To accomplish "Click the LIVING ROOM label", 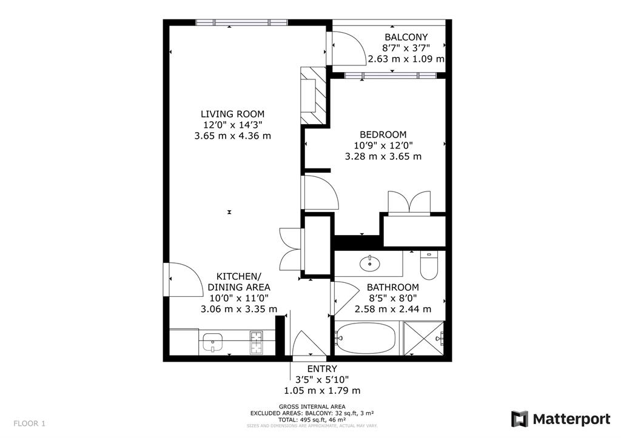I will click(232, 114).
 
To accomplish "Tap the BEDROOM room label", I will click(383, 134).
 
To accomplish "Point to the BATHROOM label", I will click(392, 287).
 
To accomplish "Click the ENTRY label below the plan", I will click(322, 369).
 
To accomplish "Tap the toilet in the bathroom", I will click(428, 264).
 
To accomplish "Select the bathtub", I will click(366, 339).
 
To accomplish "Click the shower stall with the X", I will click(425, 339).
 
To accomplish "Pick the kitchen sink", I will click(213, 342).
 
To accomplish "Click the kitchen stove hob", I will click(257, 342).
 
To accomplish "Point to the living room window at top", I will click(241, 23).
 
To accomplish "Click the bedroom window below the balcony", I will click(390, 76).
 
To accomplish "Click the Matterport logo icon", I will click(519, 419).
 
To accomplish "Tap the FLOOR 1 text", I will click(29, 423).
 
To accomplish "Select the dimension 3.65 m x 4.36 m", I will click(232, 136).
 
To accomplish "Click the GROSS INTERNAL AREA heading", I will click(312, 406).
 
